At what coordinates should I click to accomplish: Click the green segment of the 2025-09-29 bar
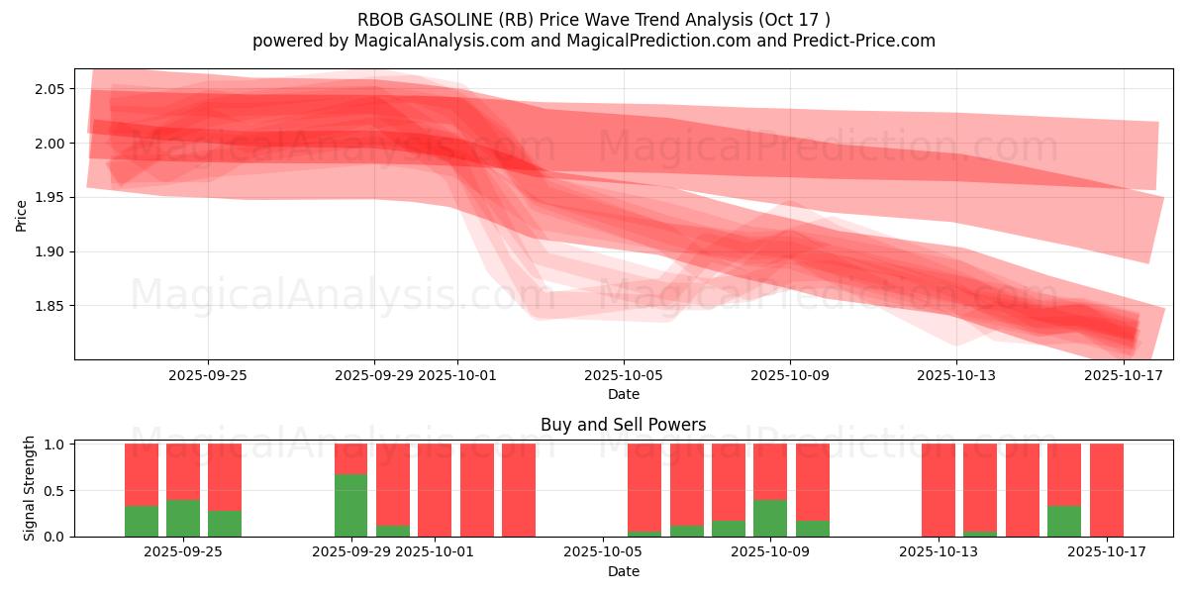coord(350,506)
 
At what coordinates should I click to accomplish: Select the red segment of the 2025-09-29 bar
coord(350,458)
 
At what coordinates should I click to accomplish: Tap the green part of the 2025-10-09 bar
coord(770,518)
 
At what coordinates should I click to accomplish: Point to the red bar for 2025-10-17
coord(1106,490)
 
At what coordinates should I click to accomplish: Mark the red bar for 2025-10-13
coord(938,490)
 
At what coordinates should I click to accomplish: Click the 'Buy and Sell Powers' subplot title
coord(624,425)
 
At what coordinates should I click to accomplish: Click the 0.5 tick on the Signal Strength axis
coord(54,490)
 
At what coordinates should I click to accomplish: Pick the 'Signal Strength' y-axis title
coord(30,488)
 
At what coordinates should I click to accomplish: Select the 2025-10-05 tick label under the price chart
coord(624,375)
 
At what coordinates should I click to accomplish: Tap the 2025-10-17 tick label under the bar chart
coord(1106,552)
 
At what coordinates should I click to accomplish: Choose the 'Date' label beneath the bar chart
coord(624,571)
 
